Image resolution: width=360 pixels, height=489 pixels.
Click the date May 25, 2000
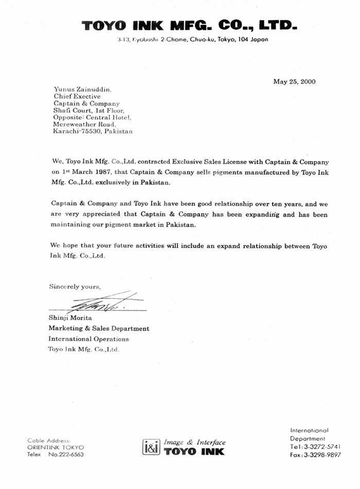(x=295, y=81)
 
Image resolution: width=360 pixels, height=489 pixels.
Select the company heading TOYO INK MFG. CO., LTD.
(x=189, y=25)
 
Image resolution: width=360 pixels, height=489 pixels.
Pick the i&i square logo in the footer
(x=151, y=447)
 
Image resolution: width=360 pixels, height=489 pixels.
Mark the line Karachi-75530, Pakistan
(x=93, y=131)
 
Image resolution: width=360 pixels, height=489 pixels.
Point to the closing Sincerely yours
(x=75, y=287)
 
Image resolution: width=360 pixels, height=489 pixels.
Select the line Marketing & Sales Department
(x=99, y=328)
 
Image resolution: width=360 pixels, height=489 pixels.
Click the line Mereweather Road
(x=85, y=124)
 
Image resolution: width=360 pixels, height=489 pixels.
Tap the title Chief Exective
(x=77, y=96)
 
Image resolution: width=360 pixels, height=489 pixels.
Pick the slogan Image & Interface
(x=194, y=442)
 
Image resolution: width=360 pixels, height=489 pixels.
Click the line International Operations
(x=88, y=339)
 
